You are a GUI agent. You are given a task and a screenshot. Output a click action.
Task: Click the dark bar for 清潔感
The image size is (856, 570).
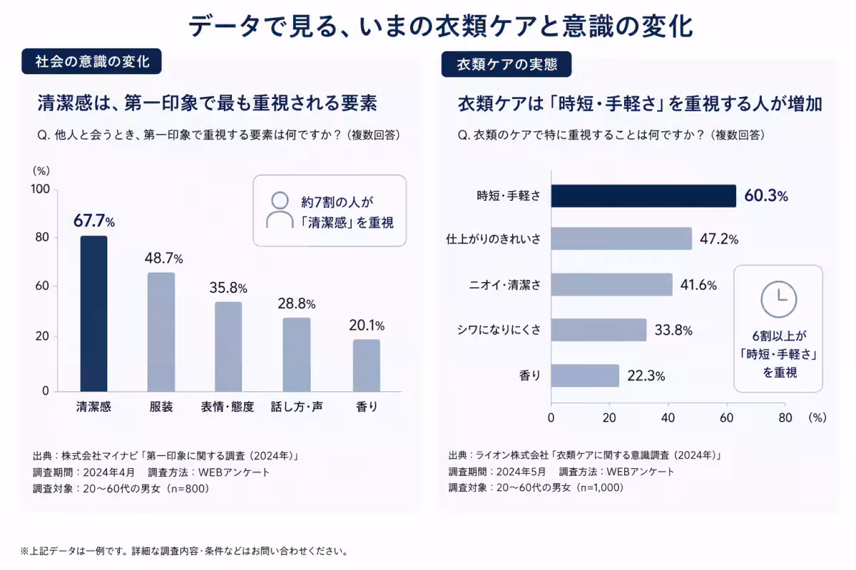[93, 313]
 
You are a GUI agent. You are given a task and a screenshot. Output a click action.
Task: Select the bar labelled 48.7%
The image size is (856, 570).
[161, 332]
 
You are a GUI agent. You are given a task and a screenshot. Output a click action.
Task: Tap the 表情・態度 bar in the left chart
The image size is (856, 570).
[228, 347]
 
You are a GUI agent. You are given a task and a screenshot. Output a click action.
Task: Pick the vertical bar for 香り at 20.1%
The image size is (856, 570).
[367, 366]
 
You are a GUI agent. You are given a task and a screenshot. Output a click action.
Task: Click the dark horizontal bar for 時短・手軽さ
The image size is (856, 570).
[643, 196]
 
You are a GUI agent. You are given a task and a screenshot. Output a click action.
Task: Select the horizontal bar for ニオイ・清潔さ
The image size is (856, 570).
[612, 284]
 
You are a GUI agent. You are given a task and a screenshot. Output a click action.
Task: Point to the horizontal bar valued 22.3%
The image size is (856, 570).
[585, 375]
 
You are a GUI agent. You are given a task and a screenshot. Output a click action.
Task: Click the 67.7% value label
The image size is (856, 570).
[94, 221]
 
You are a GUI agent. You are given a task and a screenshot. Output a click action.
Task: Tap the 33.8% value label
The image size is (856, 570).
[673, 330]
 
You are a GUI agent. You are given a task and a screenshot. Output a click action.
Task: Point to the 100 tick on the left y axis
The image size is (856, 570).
[41, 189]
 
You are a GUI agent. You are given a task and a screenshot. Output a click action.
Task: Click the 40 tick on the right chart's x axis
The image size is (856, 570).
[668, 418]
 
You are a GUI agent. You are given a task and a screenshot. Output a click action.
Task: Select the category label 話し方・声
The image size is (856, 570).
[297, 407]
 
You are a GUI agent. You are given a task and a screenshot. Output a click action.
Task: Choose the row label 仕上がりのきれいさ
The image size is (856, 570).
[494, 239]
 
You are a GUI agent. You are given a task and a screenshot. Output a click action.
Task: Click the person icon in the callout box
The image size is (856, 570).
[280, 210]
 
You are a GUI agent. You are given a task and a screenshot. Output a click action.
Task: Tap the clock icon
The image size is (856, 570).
[778, 299]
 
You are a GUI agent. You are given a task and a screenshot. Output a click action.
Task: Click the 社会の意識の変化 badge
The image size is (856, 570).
[92, 61]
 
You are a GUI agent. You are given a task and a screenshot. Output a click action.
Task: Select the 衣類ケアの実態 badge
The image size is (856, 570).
[506, 64]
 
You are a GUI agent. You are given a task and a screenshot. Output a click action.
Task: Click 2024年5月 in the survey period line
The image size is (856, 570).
[521, 472]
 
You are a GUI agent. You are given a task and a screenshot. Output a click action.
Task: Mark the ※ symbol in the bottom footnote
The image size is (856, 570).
[24, 551]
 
